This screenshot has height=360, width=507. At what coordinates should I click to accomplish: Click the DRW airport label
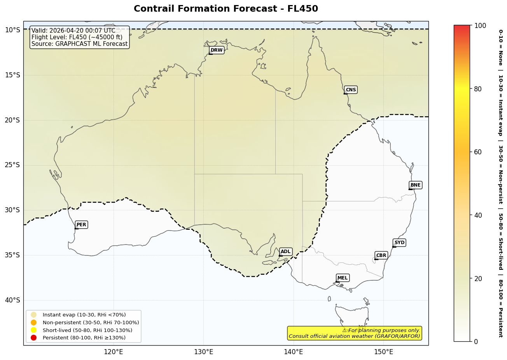point(217,50)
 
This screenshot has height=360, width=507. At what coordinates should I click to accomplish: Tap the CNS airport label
point(351,90)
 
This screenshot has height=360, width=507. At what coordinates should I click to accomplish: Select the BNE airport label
point(415,185)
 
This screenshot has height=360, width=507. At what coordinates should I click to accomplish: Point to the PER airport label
point(81,225)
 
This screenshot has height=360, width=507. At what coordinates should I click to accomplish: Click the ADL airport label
point(285,252)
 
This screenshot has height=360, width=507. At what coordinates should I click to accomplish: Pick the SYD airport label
point(399,243)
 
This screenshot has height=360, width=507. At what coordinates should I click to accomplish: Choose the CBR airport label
point(381,255)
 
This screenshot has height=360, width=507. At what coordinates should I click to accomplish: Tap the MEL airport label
point(343,278)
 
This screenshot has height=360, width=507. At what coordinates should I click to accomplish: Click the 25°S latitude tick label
point(12,165)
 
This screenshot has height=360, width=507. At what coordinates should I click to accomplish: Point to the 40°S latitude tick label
point(12,300)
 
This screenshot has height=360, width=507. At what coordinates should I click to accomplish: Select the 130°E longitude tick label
point(203,352)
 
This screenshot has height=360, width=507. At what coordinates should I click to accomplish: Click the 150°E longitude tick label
point(383,352)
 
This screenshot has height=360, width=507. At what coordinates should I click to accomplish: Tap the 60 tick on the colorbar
point(477,152)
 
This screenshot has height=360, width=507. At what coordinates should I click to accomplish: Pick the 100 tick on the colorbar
point(480,26)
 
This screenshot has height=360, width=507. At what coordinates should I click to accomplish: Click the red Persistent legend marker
point(34,337)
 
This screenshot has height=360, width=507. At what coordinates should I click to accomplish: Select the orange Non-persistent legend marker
point(34,322)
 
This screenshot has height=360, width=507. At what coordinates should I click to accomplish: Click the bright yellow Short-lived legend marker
point(34,330)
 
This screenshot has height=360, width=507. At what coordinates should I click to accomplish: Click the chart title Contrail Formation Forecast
point(226,9)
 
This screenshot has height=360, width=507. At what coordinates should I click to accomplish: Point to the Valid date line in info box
point(73,31)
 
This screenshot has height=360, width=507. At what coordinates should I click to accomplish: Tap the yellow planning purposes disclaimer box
point(355,333)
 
